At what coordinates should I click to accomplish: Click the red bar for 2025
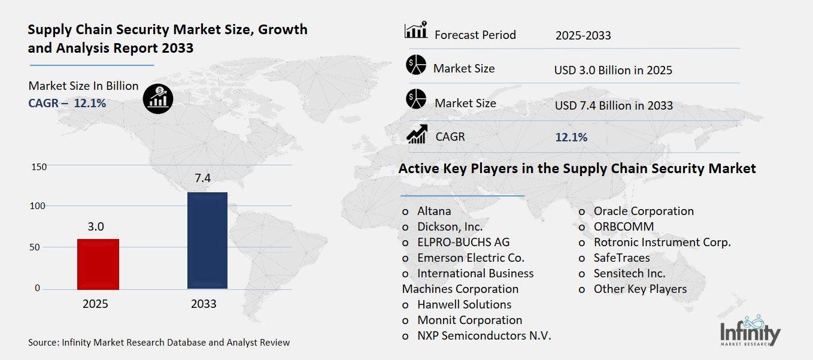(98, 264)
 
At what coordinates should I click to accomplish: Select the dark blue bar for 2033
(207, 240)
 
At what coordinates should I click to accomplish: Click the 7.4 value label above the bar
(203, 178)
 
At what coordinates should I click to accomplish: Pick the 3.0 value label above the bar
(96, 226)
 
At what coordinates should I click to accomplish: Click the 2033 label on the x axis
(204, 304)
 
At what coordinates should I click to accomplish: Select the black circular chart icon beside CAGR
(158, 98)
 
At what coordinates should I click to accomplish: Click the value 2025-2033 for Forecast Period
(583, 35)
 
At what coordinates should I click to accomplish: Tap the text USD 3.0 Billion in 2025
(613, 70)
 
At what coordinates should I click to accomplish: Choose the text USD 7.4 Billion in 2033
(614, 105)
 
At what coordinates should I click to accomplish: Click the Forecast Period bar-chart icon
(416, 31)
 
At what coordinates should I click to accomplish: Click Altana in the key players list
(434, 211)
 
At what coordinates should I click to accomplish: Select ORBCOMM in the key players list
(623, 226)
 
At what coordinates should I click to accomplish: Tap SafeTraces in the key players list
(621, 258)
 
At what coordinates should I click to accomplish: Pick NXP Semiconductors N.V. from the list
(484, 335)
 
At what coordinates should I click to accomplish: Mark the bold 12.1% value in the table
(571, 137)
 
